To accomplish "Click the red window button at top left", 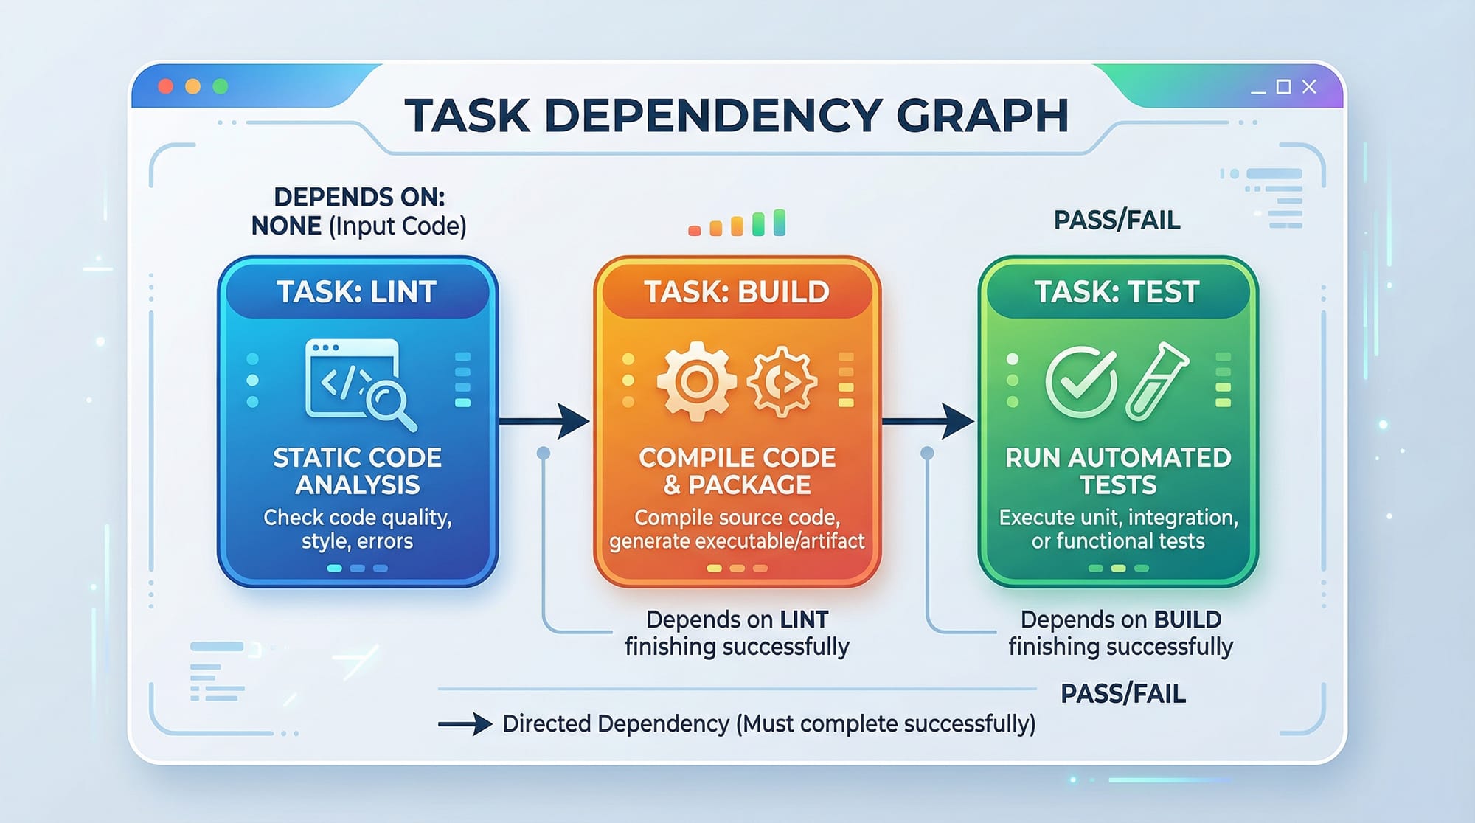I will point(166,86).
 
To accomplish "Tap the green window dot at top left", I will point(220,86).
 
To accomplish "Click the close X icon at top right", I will point(1309,87).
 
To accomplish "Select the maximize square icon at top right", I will point(1283,87).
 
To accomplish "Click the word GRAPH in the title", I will point(982,116).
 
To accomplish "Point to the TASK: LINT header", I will point(357,292).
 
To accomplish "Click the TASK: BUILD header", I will point(737,292).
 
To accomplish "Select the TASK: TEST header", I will point(1117,292).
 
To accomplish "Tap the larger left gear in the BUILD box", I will point(695,381).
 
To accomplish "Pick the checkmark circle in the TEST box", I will point(1080,381).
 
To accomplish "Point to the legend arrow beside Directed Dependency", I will point(465,724).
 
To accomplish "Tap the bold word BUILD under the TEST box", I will point(1187,619).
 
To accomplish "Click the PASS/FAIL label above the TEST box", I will point(1117,220).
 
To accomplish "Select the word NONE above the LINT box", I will point(286,226).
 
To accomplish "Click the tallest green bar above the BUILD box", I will point(780,222).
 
